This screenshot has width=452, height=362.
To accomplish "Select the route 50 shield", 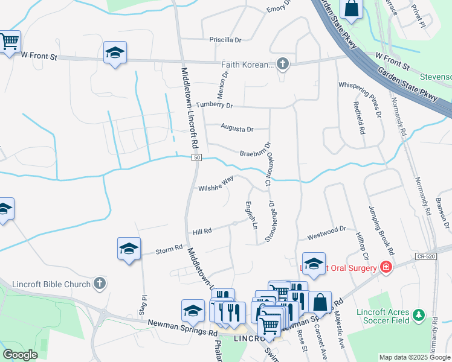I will point(196,157).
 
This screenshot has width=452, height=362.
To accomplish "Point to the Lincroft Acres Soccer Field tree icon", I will point(417,316).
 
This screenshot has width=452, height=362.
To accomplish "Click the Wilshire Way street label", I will point(216,184).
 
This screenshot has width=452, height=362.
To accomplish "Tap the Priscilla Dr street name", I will point(225,40).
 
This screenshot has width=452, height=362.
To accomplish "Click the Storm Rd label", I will point(169,248).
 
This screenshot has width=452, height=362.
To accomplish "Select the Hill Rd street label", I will point(202,231).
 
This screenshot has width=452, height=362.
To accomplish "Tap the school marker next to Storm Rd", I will point(129,248).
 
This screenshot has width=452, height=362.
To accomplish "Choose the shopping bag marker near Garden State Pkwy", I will point(351,8).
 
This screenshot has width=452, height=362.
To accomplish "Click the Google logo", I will point(20,355).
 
